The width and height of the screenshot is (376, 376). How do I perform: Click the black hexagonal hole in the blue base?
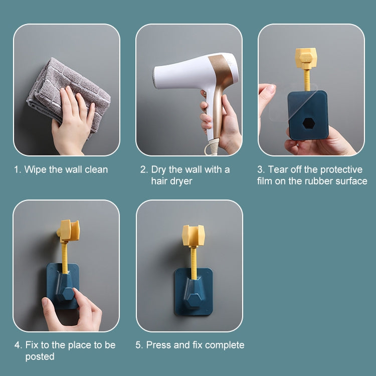tap(308, 123)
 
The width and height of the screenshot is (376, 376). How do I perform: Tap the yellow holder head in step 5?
tap(194, 236)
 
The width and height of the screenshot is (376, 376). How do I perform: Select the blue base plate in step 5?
tap(194, 291)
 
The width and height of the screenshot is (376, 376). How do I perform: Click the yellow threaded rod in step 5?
tap(194, 263)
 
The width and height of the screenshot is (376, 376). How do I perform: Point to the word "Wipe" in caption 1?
tap(36, 170)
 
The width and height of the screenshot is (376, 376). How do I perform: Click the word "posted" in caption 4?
tap(40, 356)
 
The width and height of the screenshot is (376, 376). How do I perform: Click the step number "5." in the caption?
tap(139, 345)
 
